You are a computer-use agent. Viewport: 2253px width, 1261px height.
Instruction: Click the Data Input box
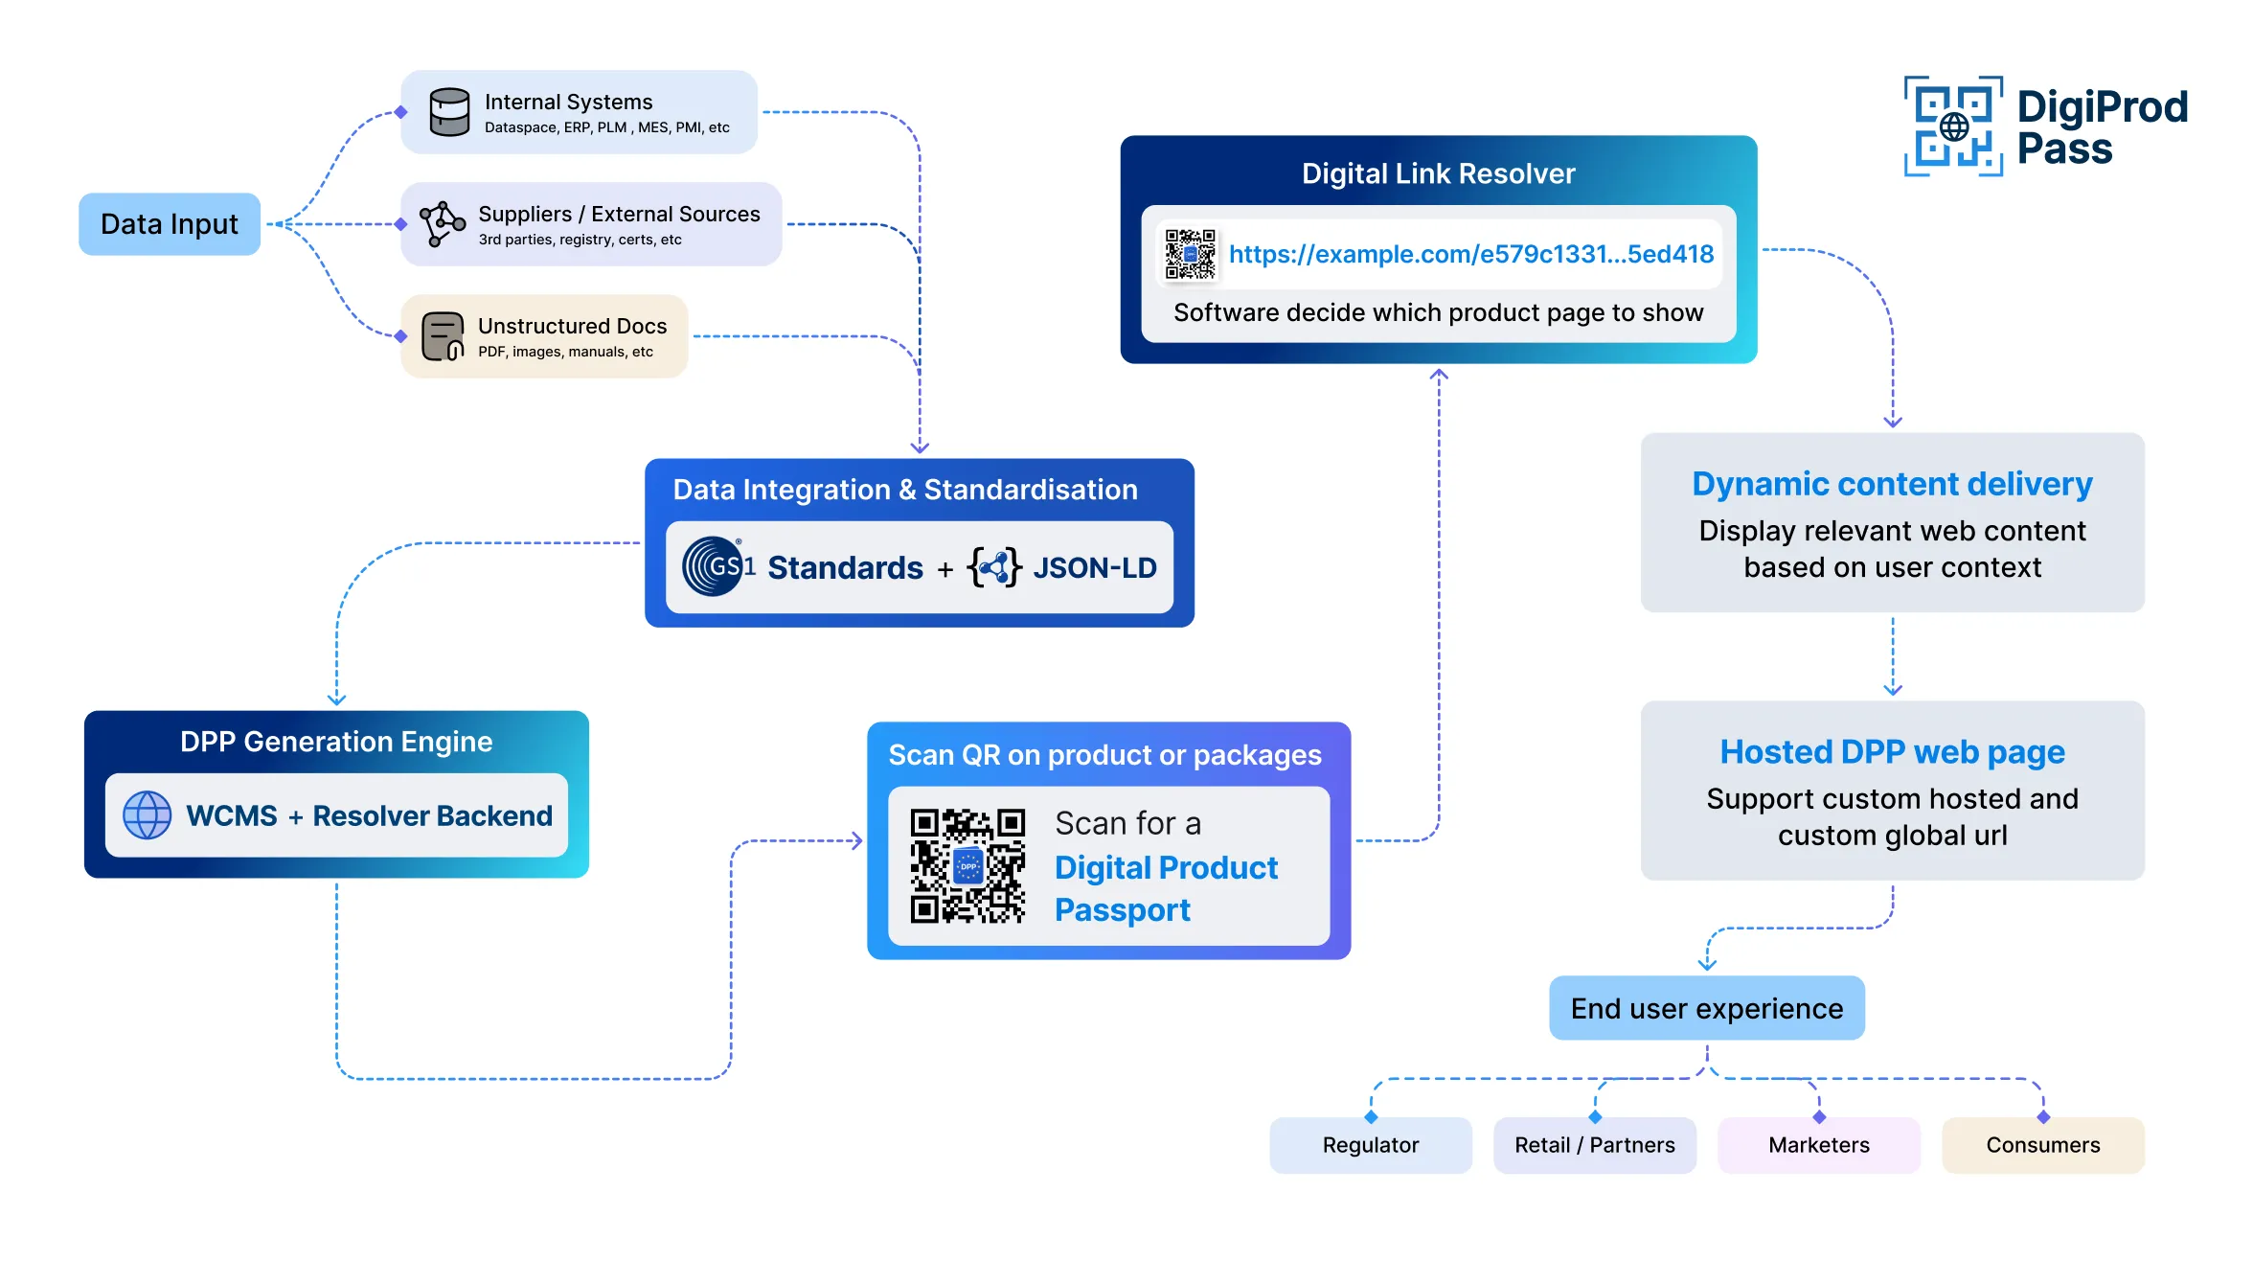tap(170, 224)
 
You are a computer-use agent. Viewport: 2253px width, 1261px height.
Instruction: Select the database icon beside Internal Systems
tap(448, 112)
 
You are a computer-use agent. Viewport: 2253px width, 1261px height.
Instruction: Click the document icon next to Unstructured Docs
tap(442, 336)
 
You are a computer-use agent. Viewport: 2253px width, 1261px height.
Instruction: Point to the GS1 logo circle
tap(713, 566)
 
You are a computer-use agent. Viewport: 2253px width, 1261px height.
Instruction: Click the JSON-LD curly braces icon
tap(994, 567)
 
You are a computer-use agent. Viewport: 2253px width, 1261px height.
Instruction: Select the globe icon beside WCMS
tap(147, 815)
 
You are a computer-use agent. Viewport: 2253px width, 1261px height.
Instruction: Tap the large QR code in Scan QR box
tap(967, 866)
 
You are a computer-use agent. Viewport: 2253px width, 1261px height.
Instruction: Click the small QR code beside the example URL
tap(1190, 254)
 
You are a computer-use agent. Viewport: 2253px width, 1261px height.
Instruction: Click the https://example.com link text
tap(1470, 254)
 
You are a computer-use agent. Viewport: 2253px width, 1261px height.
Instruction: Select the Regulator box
tap(1370, 1145)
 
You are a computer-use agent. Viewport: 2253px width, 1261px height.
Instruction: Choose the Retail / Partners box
tap(1594, 1145)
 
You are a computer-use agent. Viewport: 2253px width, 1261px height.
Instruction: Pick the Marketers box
tap(1818, 1145)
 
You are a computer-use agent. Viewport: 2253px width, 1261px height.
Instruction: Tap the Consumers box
tap(2042, 1145)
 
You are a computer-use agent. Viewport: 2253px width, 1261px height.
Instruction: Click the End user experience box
tap(1706, 1008)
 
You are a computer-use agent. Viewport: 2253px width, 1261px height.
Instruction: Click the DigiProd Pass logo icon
tap(1953, 126)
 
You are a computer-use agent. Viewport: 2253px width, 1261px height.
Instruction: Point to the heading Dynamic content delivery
tap(1892, 484)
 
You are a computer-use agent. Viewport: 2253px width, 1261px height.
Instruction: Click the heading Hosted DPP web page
tap(1892, 752)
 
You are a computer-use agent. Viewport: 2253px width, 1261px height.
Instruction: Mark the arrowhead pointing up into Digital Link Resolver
tap(1439, 375)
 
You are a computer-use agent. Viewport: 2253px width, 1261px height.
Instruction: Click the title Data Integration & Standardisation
tap(904, 490)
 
